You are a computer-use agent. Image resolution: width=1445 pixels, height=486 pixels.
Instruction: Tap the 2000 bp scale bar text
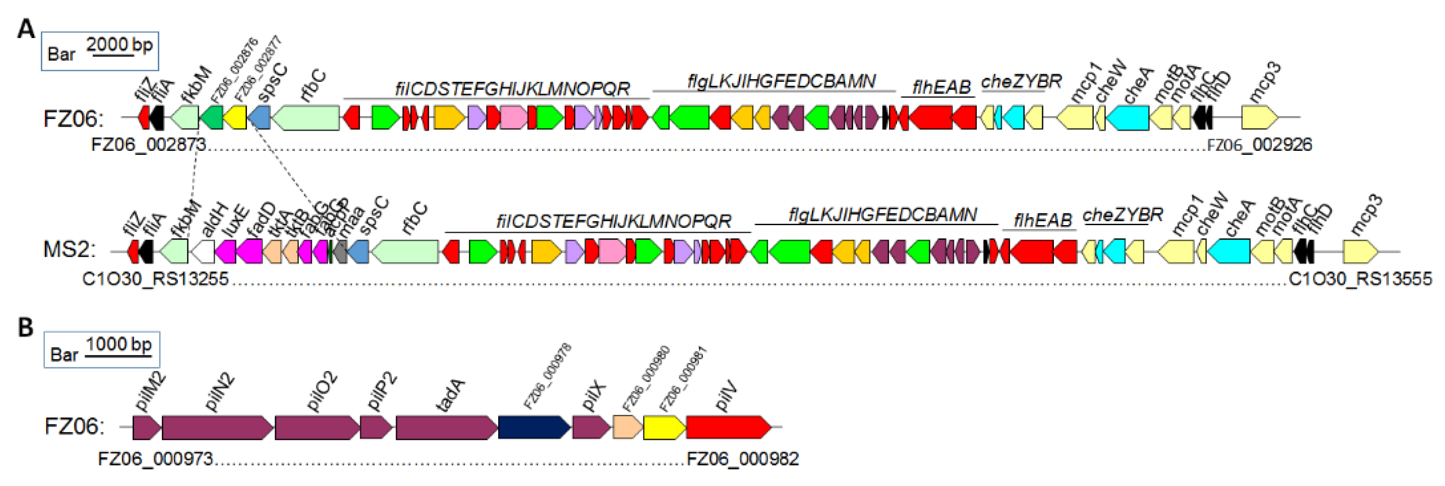point(119,44)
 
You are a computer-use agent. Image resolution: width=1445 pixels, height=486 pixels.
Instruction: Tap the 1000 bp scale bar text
point(118,344)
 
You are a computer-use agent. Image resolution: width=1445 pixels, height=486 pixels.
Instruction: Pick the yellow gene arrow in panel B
point(664,427)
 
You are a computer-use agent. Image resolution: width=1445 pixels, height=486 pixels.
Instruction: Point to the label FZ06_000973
point(155,459)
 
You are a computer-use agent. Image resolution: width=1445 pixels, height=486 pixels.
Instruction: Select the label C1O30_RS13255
point(155,279)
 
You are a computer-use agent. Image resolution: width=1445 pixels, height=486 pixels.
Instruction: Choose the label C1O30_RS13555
point(1360,279)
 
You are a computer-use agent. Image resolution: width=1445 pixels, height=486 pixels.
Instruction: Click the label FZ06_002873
point(149,145)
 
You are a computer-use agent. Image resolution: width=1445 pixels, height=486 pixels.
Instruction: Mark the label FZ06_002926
point(1260,145)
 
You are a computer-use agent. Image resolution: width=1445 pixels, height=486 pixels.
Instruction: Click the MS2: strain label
point(69,249)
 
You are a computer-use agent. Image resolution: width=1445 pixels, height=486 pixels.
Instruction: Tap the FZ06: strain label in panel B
point(74,426)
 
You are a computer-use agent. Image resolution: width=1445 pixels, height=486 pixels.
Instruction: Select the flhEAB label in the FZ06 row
point(941,87)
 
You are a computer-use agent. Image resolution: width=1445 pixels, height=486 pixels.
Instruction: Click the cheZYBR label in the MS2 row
point(1122,215)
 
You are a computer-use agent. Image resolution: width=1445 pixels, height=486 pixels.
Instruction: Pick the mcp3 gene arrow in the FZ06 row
point(1260,118)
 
